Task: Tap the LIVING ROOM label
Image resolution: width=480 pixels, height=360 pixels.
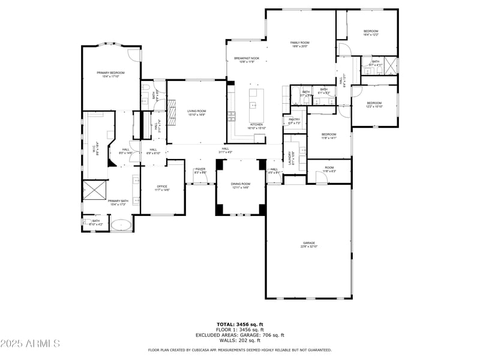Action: pos(196,112)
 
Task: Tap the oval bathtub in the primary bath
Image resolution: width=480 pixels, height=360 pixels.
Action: pos(122,226)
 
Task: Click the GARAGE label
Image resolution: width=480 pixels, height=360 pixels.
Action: pos(308,244)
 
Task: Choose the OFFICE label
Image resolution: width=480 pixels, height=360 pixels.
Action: pos(163,188)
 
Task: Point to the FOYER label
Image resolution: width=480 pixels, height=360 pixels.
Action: pos(200,170)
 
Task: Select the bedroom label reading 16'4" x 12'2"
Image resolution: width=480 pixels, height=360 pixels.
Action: pos(371,33)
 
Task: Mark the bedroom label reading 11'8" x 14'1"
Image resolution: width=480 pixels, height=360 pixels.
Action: pos(328,136)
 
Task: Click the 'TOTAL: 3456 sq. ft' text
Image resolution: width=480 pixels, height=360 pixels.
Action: pos(239,325)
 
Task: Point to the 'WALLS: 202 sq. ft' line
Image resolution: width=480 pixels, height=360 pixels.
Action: pos(239,341)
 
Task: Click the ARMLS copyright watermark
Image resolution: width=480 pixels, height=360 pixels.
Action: pos(30,344)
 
